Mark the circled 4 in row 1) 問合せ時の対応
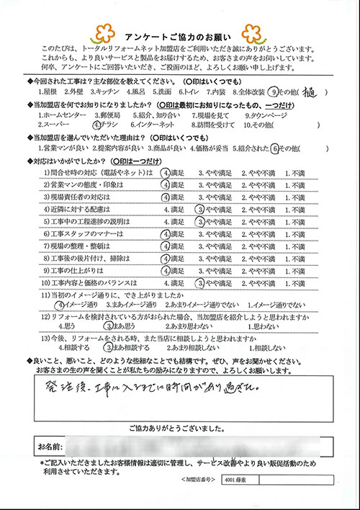click(166, 174)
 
